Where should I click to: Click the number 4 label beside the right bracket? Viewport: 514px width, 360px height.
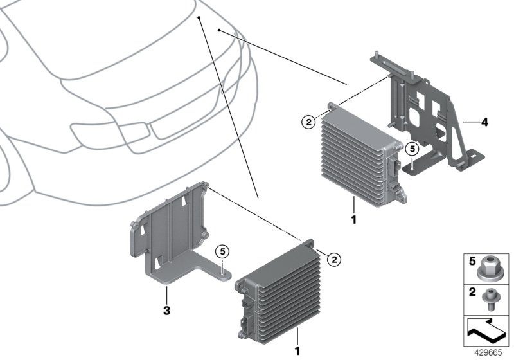pos(484,121)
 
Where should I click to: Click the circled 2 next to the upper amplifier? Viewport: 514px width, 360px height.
pos(308,121)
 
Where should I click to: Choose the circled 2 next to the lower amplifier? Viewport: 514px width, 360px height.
pos(333,259)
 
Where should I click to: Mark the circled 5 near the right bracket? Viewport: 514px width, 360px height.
pos(412,148)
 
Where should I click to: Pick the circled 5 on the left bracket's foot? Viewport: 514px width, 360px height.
pos(222,251)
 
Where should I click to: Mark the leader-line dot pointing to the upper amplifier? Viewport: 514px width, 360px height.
pos(219,30)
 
